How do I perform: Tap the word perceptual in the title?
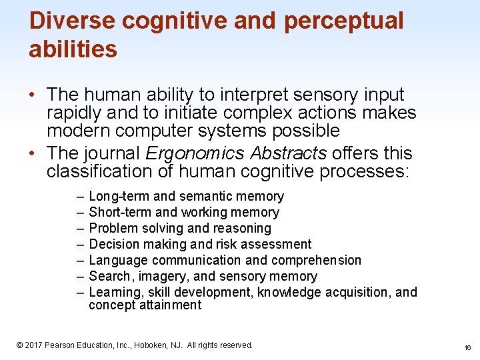pyautogui.click(x=343, y=21)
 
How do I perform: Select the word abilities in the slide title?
pyautogui.click(x=73, y=49)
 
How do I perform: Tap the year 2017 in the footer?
pyautogui.click(x=35, y=345)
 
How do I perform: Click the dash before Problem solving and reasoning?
pyautogui.click(x=79, y=229)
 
